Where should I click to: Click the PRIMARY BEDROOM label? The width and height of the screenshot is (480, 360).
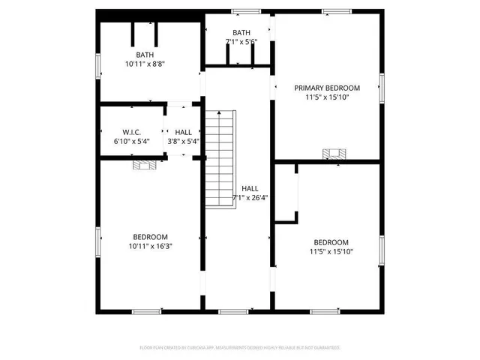(326, 87)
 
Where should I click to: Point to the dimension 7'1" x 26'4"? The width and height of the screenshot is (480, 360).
(250, 198)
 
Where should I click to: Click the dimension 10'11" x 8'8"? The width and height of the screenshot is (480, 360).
(145, 64)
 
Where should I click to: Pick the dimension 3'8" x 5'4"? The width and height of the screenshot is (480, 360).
(183, 140)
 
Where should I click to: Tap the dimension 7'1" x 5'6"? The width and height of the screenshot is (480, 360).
(241, 42)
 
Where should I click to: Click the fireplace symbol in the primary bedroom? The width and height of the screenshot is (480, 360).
(334, 154)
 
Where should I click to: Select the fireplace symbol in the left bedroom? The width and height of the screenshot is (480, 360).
(145, 163)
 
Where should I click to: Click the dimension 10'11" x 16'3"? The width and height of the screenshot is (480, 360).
(150, 246)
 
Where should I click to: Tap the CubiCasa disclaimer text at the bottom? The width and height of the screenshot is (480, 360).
(240, 348)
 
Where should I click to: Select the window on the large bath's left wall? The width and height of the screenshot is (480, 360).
(97, 65)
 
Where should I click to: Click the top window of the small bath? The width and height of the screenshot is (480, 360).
(245, 11)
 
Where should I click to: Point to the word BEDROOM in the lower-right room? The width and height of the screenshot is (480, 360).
(331, 242)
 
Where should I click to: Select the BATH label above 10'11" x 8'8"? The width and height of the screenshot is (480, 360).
(145, 55)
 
